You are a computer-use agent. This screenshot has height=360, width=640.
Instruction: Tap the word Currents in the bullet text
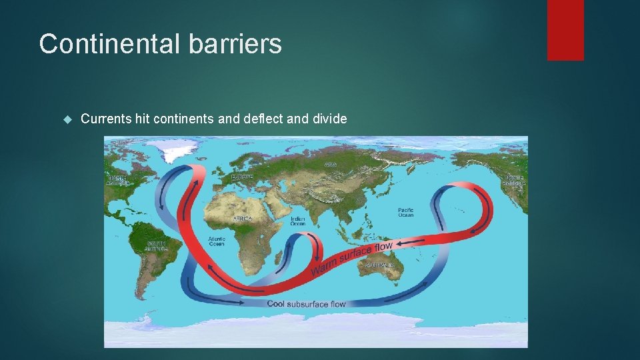105,119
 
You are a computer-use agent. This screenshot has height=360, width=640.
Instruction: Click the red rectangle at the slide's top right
565,29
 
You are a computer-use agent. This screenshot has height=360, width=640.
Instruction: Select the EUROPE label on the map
241,177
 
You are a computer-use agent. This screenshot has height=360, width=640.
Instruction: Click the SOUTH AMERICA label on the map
156,246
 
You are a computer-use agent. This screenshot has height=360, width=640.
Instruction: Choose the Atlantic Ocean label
216,241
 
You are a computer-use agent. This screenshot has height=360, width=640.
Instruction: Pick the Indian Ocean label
297,221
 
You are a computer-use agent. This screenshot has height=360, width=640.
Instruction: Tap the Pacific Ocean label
405,212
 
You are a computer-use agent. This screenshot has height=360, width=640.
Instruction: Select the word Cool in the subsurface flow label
276,304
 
